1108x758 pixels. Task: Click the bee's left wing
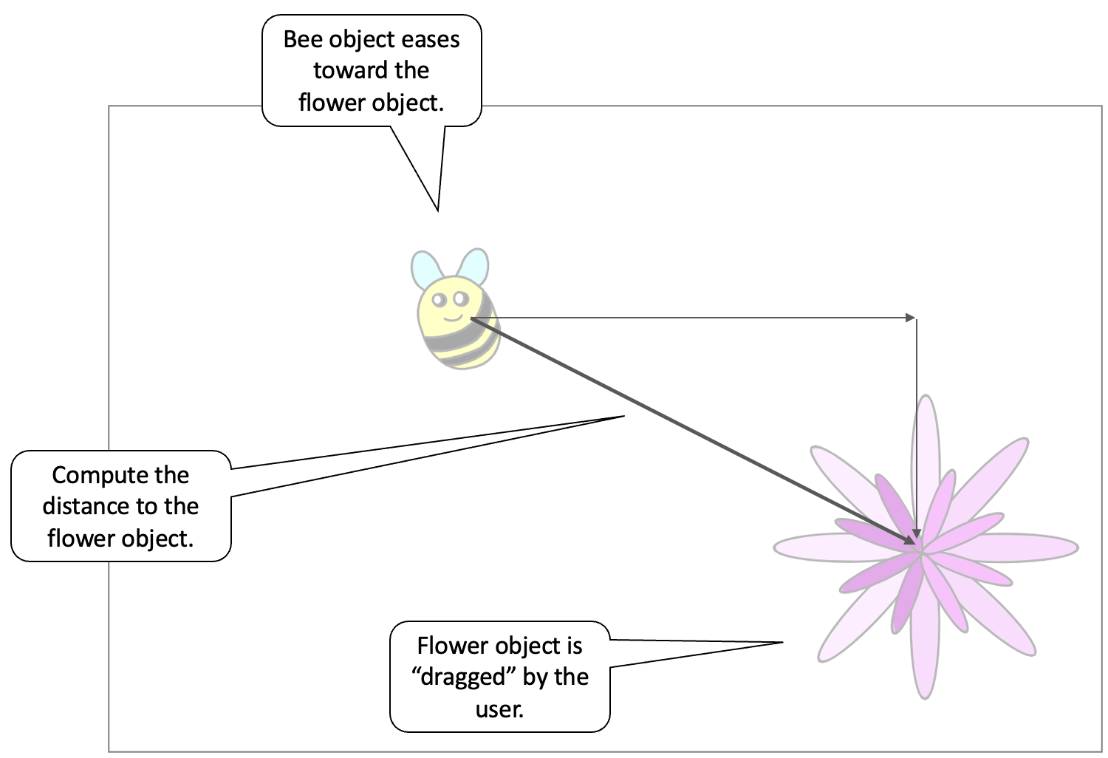[x=424, y=269]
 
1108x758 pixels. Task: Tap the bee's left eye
[x=440, y=301]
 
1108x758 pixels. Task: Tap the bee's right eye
[x=461, y=298]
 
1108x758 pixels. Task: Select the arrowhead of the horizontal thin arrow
[x=911, y=318]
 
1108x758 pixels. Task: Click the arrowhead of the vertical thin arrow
[x=917, y=533]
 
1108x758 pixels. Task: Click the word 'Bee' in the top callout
[x=302, y=39]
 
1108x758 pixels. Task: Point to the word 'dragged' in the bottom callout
[x=463, y=677]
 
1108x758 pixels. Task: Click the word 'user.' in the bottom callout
[x=499, y=709]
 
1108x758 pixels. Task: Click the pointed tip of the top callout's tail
[x=437, y=210]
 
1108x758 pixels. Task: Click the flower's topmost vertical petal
[x=926, y=443]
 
